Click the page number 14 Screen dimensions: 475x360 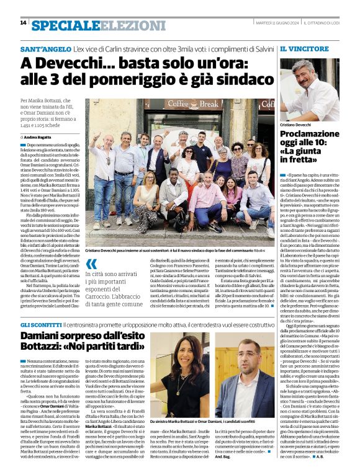click(23, 23)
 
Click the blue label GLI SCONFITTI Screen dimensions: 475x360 click(40, 325)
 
